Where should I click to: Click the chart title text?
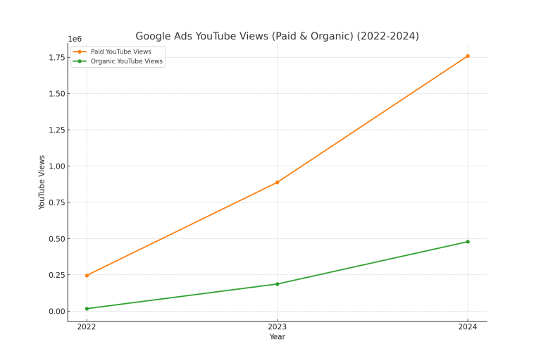click(277, 36)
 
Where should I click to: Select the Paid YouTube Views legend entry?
click(120, 51)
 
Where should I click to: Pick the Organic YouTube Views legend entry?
click(126, 61)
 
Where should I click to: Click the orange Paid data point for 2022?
click(87, 276)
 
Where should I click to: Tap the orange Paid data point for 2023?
click(277, 183)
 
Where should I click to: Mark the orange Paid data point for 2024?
click(468, 56)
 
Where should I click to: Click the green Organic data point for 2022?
click(87, 309)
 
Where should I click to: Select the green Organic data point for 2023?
click(277, 284)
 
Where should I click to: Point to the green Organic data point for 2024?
click(468, 242)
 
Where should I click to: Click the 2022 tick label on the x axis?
click(87, 327)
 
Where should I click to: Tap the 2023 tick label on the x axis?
click(277, 327)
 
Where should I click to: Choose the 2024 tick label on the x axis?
click(468, 327)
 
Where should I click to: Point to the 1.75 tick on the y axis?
click(56, 57)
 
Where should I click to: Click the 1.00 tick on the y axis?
click(56, 166)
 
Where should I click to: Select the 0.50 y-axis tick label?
click(56, 239)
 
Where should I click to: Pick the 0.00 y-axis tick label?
click(56, 312)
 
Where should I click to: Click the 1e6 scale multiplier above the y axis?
click(75, 39)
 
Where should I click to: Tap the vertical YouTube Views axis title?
click(42, 182)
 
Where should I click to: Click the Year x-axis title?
click(277, 337)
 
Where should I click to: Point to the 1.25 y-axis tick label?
click(56, 130)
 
